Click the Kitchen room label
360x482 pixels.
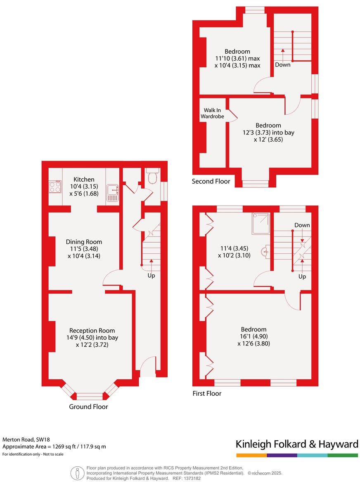point(84,180)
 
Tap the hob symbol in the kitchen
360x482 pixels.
point(54,188)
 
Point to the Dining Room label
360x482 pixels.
point(84,242)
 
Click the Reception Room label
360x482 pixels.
point(92,331)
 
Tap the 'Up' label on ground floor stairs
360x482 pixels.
point(151,275)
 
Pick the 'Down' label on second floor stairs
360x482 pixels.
point(282,64)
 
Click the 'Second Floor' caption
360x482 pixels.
point(211,182)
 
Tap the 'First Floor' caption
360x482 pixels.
point(207,393)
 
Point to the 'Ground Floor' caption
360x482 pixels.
point(88,406)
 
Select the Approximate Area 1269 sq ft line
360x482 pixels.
point(54,447)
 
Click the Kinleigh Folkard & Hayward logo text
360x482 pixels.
point(296,444)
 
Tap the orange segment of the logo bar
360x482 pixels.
point(251,455)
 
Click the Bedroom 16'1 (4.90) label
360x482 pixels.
point(253,329)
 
